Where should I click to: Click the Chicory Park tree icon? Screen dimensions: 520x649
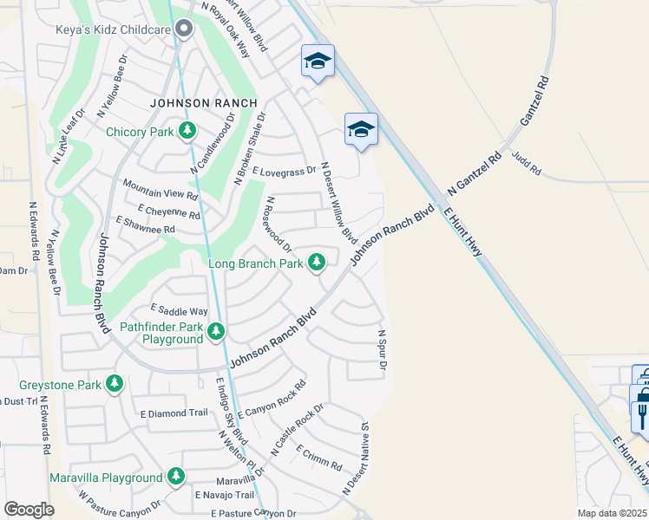[x=187, y=132]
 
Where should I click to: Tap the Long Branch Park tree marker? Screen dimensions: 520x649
[x=317, y=261]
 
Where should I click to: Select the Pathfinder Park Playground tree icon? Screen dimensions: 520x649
[x=215, y=331]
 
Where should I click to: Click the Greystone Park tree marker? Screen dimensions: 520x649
[x=114, y=382]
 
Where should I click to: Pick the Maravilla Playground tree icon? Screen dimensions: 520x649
[x=176, y=477]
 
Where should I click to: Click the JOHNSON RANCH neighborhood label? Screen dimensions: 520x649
[x=203, y=102]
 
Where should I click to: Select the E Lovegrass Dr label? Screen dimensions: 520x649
[x=284, y=172]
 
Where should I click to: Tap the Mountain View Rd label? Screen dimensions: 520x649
[x=161, y=190]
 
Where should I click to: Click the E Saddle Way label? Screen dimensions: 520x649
[x=180, y=310]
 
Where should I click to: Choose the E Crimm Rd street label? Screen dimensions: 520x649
[x=318, y=458]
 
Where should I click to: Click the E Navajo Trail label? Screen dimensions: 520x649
[x=225, y=495]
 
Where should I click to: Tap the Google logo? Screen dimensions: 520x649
[x=29, y=510]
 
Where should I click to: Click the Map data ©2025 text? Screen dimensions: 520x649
[x=613, y=513]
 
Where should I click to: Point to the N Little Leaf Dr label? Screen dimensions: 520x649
[x=69, y=137]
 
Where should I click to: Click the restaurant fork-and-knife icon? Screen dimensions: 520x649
[x=642, y=407]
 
